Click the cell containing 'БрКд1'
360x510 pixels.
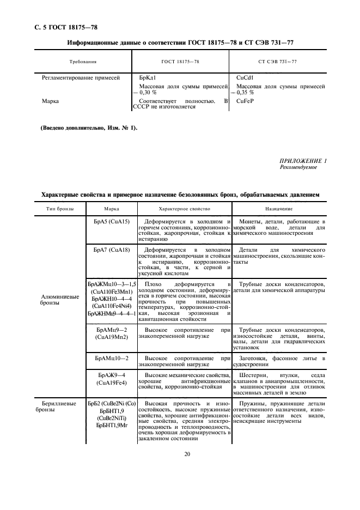click(x=148, y=78)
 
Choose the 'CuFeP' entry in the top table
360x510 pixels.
click(x=246, y=101)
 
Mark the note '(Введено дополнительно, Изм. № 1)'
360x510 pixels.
click(x=86, y=128)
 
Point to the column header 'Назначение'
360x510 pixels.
click(x=279, y=209)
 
